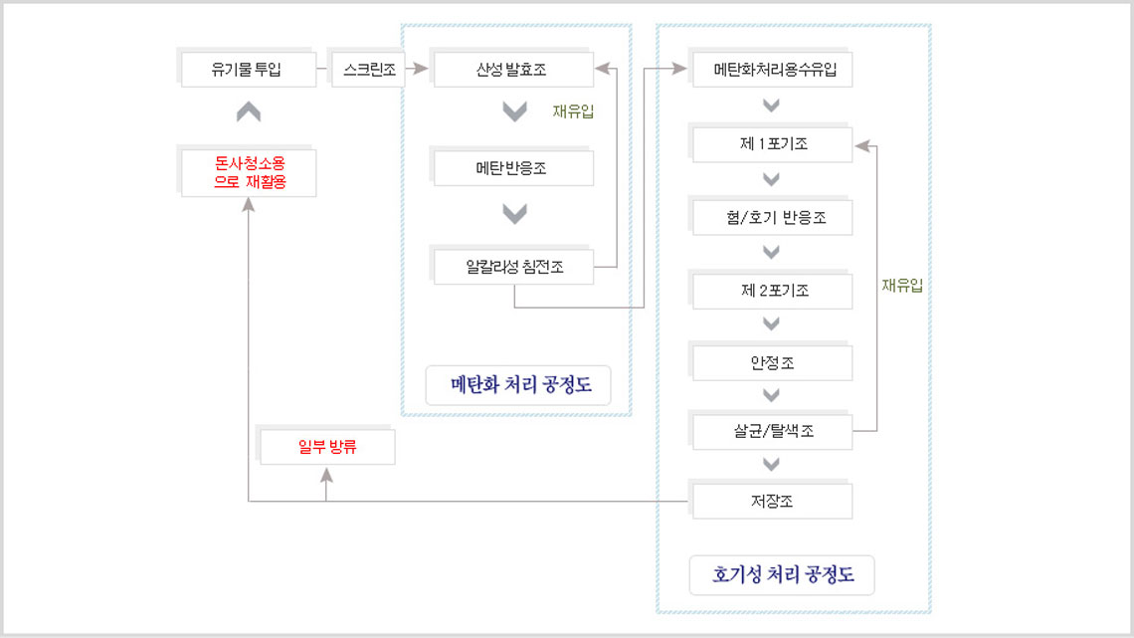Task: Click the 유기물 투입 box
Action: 248,70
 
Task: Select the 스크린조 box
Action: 367,70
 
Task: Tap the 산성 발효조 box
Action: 512,70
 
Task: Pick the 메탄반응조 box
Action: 512,168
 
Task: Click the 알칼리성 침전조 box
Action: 512,267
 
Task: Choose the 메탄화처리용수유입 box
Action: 771,70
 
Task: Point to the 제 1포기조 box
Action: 771,144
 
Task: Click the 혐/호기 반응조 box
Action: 771,217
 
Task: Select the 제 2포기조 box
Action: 771,291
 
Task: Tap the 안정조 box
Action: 771,363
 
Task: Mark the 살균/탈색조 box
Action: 771,432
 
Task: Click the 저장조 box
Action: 771,501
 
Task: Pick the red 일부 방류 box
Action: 326,447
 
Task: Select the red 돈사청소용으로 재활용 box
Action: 248,172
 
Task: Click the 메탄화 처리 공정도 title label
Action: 517,385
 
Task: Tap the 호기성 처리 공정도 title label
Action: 782,575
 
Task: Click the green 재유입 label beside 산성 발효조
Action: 573,111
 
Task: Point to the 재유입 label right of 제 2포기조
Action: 901,286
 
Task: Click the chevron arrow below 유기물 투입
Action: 249,112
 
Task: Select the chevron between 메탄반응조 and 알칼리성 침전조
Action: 514,213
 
